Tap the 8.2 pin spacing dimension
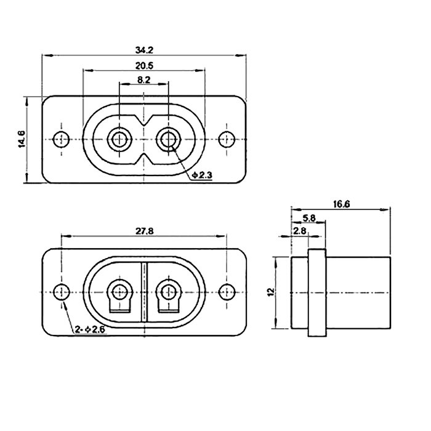click(144, 80)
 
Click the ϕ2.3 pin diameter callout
click(202, 176)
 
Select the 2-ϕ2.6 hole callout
click(89, 330)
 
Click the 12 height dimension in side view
click(270, 292)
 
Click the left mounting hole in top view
click(60, 139)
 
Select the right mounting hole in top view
click(227, 139)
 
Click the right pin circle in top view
click(167, 140)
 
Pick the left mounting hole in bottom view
click(61, 292)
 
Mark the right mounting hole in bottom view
click(228, 292)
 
